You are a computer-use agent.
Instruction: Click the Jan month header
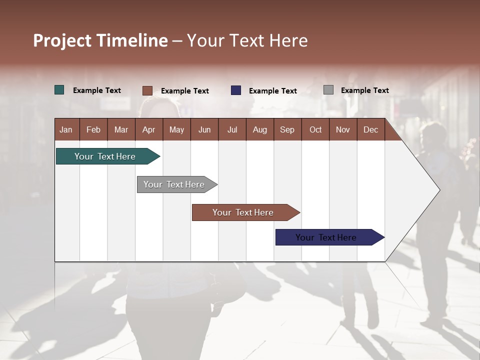click(66, 129)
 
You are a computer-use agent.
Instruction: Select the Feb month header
click(93, 129)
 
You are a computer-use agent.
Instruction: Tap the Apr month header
click(149, 129)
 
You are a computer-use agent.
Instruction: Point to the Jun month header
click(204, 129)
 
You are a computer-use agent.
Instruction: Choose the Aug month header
click(260, 129)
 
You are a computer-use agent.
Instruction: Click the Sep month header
click(287, 129)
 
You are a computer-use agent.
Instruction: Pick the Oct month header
click(315, 129)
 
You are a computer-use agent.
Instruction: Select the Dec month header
click(371, 129)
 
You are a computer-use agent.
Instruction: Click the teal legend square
click(59, 90)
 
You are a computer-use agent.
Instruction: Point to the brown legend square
click(147, 90)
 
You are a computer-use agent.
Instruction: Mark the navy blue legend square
click(236, 90)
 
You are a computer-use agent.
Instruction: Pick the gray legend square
click(328, 90)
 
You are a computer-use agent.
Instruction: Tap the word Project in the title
click(62, 40)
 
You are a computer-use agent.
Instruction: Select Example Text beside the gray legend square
click(365, 90)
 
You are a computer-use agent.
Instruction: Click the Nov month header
click(343, 129)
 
